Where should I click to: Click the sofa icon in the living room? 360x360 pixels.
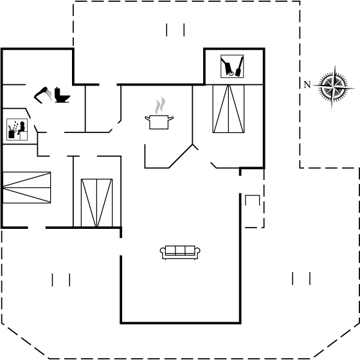pos(180,253)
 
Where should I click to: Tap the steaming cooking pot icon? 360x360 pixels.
pos(159,114)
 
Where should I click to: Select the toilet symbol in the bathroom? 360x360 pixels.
pos(62,95)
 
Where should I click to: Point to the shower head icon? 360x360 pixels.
pos(43,95)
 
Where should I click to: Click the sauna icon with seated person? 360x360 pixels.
pos(17,129)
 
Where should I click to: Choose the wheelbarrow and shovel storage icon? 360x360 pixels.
pos(232,66)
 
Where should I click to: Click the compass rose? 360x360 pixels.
pos(334,87)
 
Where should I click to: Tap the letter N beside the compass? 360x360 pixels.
pos(307,85)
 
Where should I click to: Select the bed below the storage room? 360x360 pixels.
pos(228,109)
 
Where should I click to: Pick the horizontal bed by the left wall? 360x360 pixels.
pos(26,188)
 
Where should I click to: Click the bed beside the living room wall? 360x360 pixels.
pos(97,203)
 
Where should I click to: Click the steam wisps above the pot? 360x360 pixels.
pos(160,105)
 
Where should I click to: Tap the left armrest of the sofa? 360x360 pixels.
pos(163,251)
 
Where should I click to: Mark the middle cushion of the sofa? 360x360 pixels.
pos(180,250)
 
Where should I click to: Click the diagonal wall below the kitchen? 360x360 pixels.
pos(181,156)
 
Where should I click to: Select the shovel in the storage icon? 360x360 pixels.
pos(239,67)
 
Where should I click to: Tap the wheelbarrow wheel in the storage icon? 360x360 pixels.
pos(231,73)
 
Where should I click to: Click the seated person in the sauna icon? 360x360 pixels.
pos(21,128)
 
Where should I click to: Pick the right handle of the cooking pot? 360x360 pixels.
pos(171,118)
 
